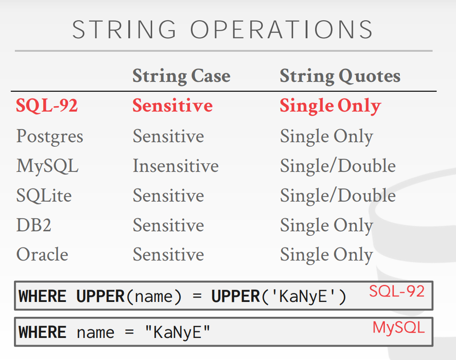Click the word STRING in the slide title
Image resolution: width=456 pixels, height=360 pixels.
(124, 29)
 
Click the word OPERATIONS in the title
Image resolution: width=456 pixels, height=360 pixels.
(281, 29)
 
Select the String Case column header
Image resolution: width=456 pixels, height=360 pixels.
(181, 76)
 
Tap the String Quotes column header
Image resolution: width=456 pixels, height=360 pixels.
(340, 76)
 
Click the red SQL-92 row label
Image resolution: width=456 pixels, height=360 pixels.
(47, 105)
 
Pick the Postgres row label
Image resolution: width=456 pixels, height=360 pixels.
(50, 136)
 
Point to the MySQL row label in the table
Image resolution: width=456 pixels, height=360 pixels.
(47, 166)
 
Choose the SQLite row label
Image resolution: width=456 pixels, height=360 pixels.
(44, 195)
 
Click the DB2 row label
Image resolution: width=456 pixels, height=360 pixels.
(34, 225)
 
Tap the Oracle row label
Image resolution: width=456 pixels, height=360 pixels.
(42, 254)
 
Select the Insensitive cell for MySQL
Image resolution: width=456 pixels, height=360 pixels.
(176, 166)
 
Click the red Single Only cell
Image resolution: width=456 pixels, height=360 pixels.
(330, 106)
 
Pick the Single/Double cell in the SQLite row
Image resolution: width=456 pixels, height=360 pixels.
(338, 195)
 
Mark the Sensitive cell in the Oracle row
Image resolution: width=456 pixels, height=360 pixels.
(168, 254)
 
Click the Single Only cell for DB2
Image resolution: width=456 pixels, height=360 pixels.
(327, 225)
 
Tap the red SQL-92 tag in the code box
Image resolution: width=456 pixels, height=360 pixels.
(397, 291)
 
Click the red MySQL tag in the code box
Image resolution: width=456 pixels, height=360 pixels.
(398, 328)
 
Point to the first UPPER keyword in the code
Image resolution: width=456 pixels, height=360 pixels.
(100, 296)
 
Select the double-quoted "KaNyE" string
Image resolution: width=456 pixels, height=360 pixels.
(177, 332)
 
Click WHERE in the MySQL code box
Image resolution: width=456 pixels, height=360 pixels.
(42, 333)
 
